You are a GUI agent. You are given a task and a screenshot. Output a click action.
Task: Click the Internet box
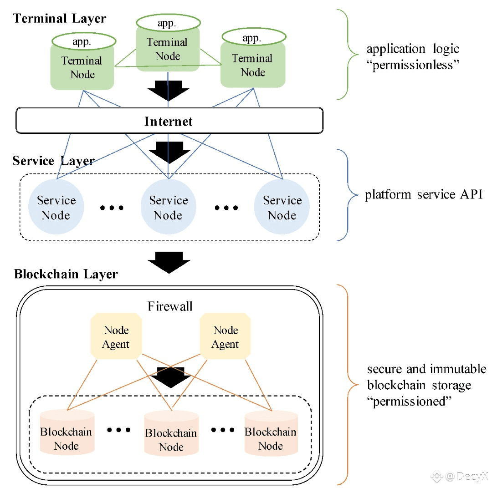[x=169, y=121]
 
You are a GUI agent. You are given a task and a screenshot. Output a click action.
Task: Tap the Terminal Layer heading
[x=59, y=19]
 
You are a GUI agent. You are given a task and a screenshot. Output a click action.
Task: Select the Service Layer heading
[x=53, y=161]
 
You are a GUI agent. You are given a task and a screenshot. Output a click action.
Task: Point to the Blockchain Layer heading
[x=66, y=274]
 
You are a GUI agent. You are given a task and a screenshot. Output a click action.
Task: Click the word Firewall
[x=170, y=306]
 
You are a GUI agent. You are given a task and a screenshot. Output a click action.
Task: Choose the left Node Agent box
[x=116, y=337]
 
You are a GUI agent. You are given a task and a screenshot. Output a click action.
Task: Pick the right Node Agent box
[x=225, y=337]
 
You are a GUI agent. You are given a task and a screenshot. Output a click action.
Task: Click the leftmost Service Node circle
[x=56, y=208]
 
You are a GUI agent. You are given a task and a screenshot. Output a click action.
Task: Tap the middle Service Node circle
[x=169, y=208]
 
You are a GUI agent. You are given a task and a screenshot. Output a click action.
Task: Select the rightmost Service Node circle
[x=282, y=208]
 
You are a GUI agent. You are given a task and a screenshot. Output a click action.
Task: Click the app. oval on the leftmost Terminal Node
[x=82, y=41]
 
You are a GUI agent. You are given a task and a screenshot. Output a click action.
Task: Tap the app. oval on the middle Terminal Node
[x=169, y=23]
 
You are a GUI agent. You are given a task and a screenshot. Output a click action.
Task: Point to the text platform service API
[x=423, y=195]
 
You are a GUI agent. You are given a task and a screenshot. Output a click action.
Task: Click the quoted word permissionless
[x=414, y=65]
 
